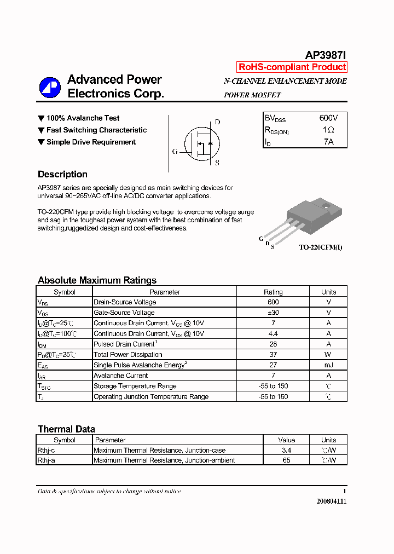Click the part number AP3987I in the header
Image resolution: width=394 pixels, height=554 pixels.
(x=325, y=55)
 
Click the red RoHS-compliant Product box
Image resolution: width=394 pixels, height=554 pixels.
(x=292, y=67)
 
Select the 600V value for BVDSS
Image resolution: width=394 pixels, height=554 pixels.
(x=328, y=118)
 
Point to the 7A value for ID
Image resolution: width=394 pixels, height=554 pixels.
(x=328, y=142)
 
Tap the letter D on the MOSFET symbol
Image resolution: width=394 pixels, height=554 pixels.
(x=217, y=122)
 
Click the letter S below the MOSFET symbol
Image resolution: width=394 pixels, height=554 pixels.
(x=217, y=163)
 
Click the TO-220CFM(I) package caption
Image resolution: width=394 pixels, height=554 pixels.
(x=321, y=247)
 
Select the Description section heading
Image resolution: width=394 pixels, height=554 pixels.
(x=62, y=175)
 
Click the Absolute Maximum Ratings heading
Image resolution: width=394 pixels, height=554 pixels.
(x=97, y=280)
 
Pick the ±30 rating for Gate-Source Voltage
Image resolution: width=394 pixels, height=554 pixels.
(x=273, y=313)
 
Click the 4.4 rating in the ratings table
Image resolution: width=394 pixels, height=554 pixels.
(x=273, y=333)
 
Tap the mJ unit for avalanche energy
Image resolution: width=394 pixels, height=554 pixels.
(x=328, y=365)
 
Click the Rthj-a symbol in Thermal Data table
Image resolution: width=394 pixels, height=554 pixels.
(x=46, y=460)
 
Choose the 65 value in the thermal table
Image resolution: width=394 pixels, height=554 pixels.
(x=286, y=460)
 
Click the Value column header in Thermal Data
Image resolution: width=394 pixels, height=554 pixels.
(x=286, y=440)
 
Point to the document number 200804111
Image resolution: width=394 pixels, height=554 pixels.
(x=331, y=501)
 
